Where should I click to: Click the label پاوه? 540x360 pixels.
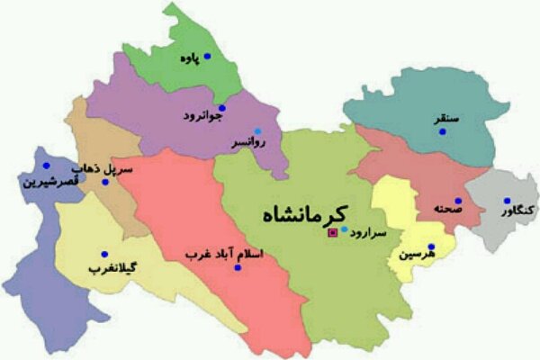pyautogui.click(x=187, y=59)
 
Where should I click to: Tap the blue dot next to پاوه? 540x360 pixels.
pyautogui.click(x=207, y=56)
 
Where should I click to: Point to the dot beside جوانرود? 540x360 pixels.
pyautogui.click(x=222, y=109)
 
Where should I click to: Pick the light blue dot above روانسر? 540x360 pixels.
pyautogui.click(x=257, y=130)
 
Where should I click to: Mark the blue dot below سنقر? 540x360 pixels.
pyautogui.click(x=442, y=132)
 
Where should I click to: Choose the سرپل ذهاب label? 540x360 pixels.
pyautogui.click(x=115, y=169)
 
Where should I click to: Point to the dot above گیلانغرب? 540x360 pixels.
pyautogui.click(x=104, y=254)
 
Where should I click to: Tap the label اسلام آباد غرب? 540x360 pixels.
pyautogui.click(x=222, y=254)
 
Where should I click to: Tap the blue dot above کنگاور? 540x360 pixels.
pyautogui.click(x=507, y=201)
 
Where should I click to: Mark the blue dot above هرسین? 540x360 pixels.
pyautogui.click(x=431, y=247)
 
